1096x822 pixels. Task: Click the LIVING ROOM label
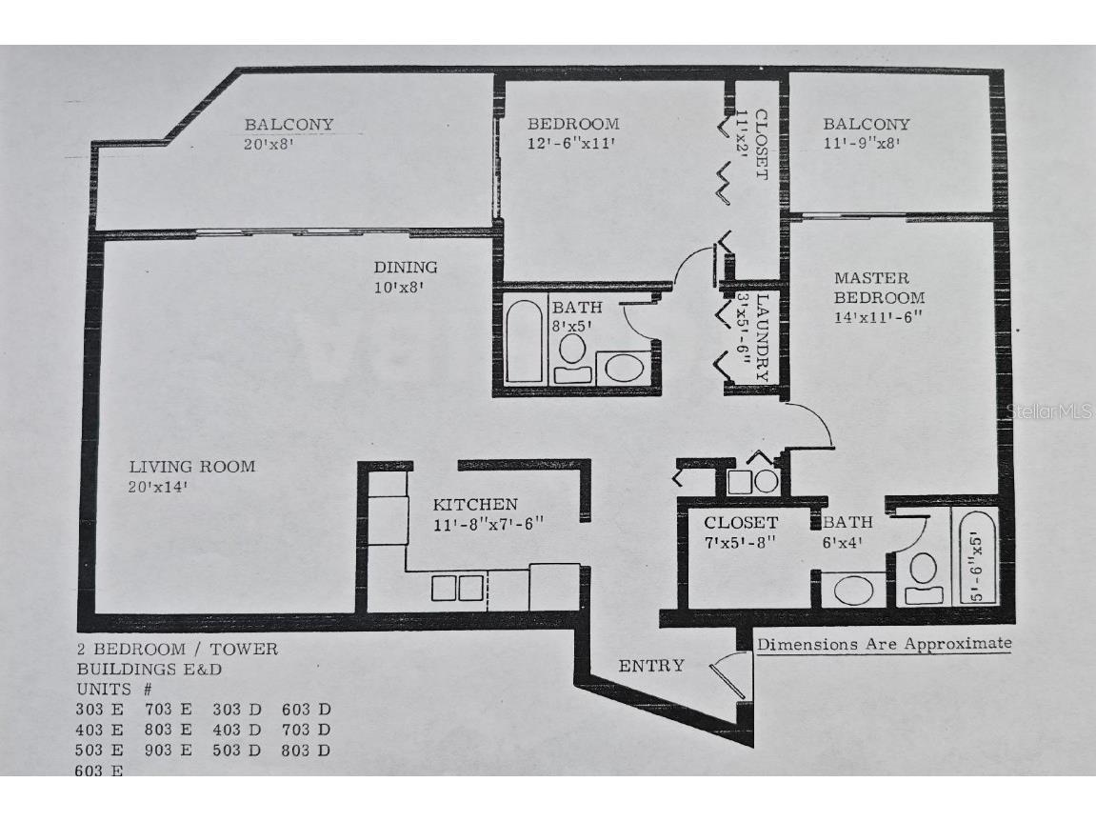click(x=192, y=467)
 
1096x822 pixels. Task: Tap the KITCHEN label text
click(x=475, y=505)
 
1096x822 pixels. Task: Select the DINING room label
click(x=405, y=268)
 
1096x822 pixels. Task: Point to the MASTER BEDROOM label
click(x=878, y=288)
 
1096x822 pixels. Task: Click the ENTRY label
click(x=650, y=666)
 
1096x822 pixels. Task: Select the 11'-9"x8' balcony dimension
click(x=862, y=144)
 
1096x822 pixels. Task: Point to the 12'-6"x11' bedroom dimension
click(x=572, y=144)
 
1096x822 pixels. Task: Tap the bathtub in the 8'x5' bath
click(x=522, y=341)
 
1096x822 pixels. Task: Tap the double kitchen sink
click(x=457, y=588)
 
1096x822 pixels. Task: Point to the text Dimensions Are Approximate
click(x=884, y=644)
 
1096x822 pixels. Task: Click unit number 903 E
click(x=169, y=751)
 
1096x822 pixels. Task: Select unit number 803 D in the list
click(x=306, y=751)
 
